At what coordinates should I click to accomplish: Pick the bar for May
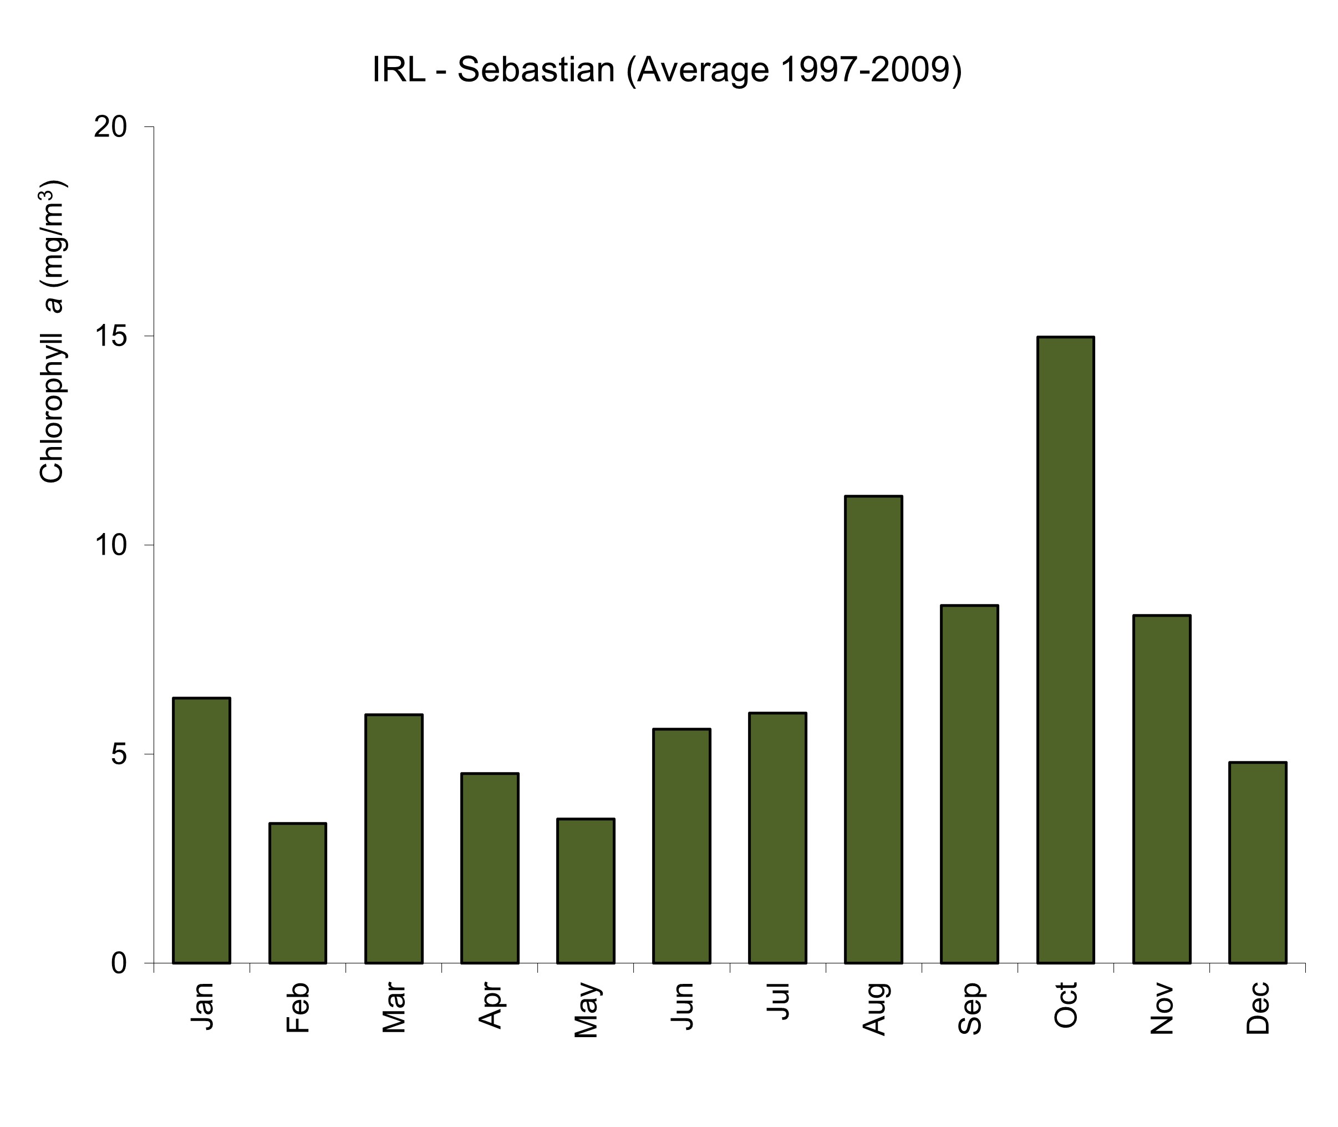(x=586, y=891)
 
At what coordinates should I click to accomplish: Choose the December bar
(x=1258, y=862)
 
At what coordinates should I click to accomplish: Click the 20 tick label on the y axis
(x=110, y=127)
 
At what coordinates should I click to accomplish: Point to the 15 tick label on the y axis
(x=110, y=336)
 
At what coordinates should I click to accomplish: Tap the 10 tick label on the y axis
(x=110, y=545)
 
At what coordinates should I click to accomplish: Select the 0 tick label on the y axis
(x=119, y=963)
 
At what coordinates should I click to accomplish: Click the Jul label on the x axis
(x=778, y=1001)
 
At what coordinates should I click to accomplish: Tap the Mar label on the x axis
(x=394, y=1008)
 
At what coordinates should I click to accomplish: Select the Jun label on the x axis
(x=682, y=1006)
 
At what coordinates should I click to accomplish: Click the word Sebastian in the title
(x=536, y=70)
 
